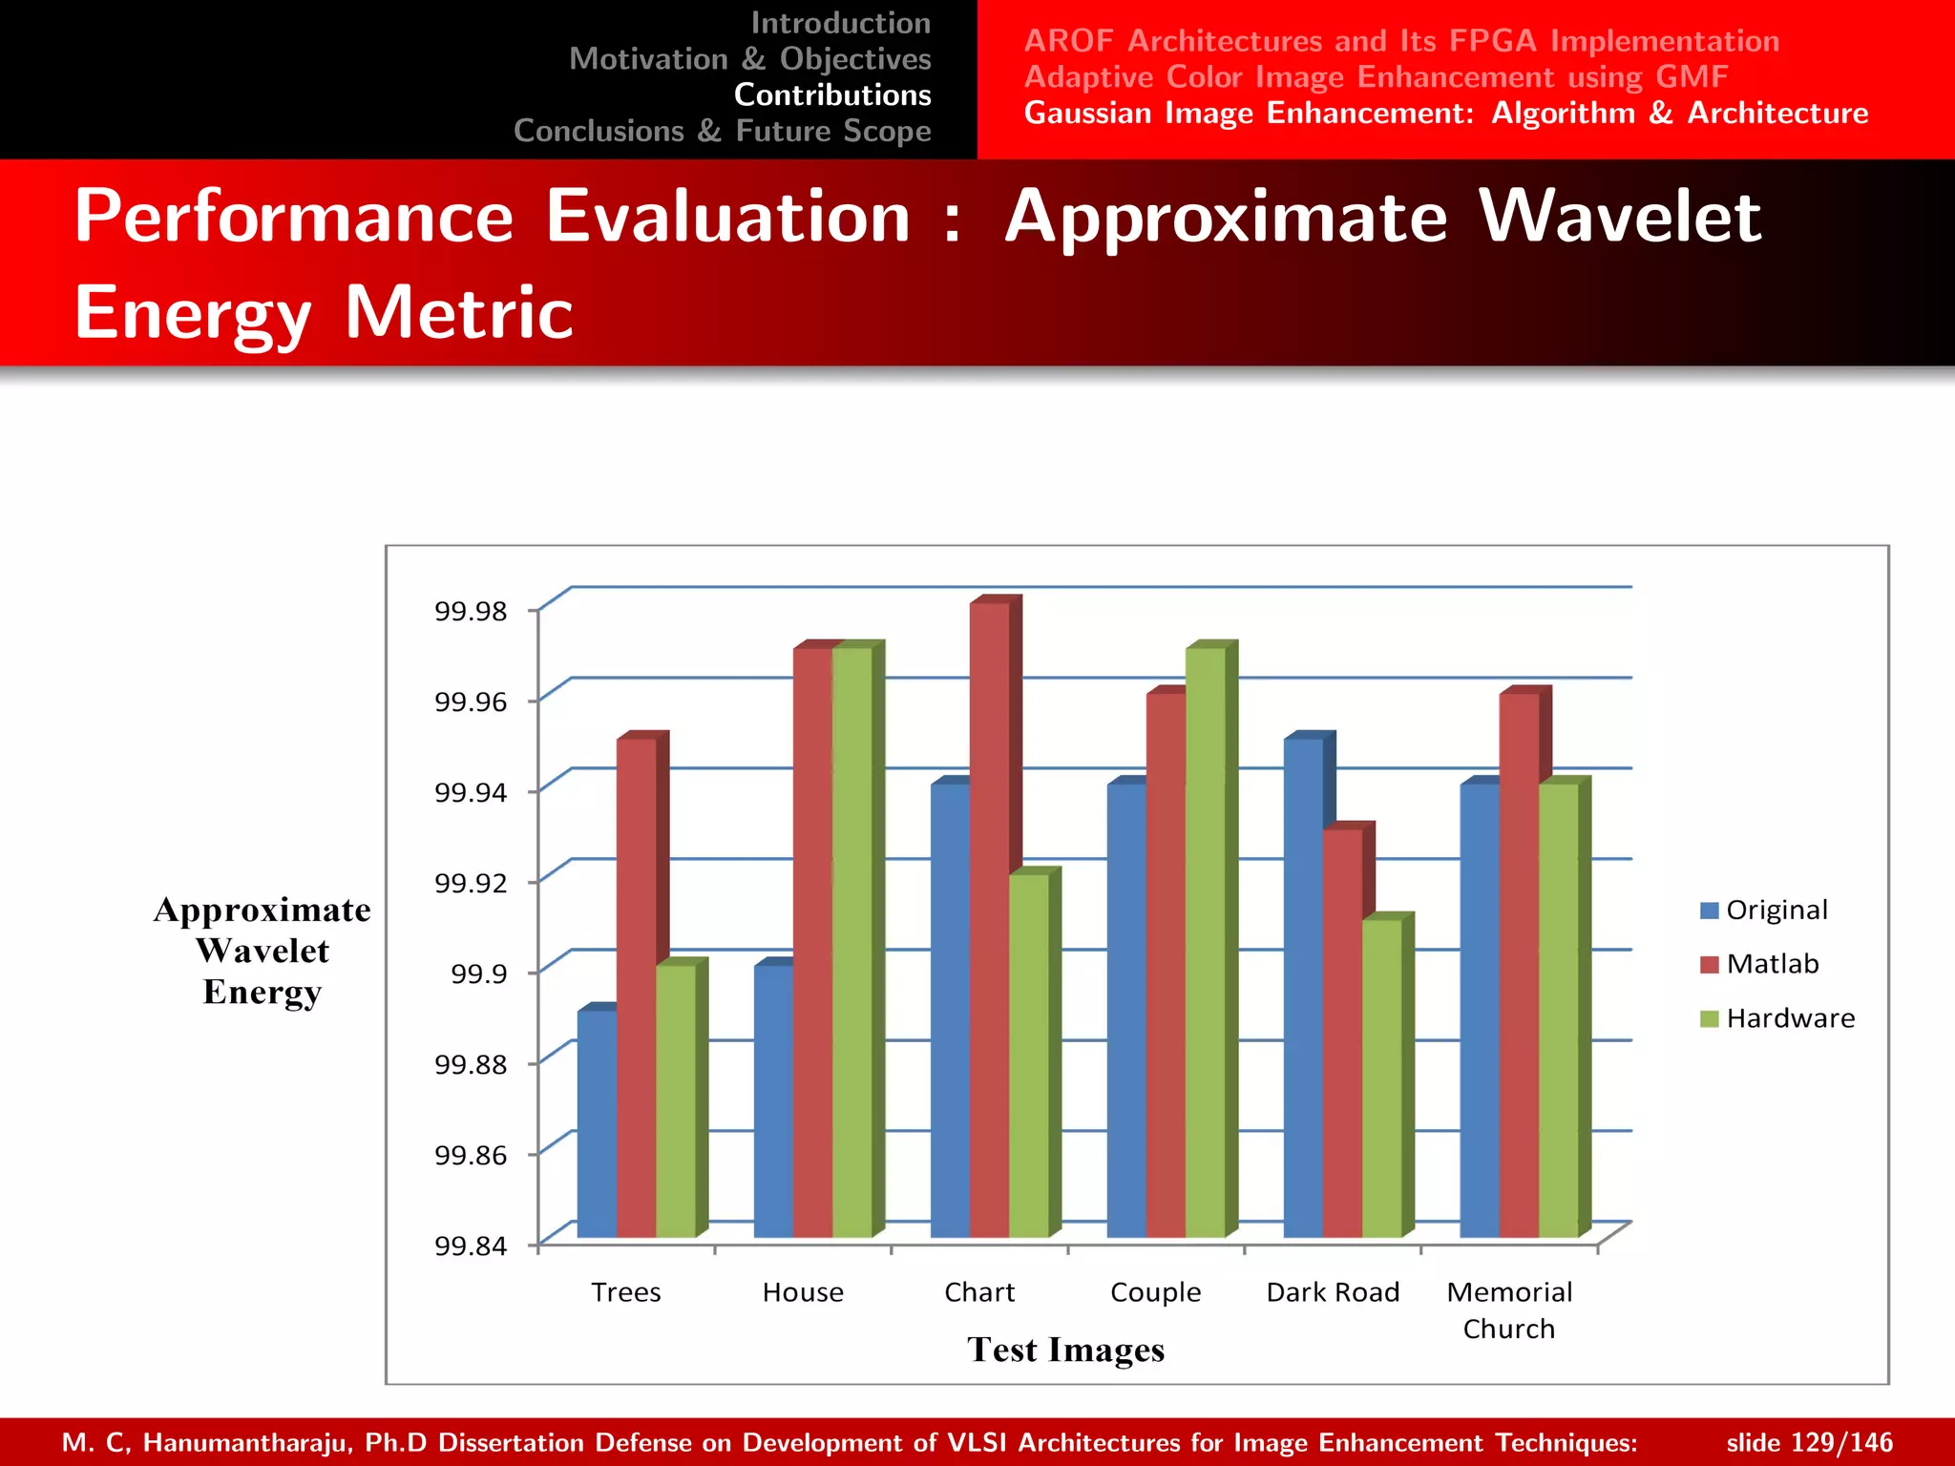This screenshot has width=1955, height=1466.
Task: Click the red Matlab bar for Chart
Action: click(989, 916)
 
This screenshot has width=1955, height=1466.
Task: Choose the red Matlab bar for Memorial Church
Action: click(1519, 964)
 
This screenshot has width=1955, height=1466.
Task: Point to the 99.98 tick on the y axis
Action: click(471, 611)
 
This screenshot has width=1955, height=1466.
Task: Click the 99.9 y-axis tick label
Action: click(478, 974)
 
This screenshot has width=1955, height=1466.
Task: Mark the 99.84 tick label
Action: click(471, 1246)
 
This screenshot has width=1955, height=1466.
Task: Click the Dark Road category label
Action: click(1333, 1292)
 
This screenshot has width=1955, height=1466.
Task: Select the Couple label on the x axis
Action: click(1155, 1292)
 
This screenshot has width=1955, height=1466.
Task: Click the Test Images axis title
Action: click(1065, 1350)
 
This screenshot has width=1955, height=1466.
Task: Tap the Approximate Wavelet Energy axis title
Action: click(263, 951)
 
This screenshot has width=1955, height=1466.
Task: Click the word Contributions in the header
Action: click(832, 94)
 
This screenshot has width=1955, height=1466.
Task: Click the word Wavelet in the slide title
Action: click(1619, 217)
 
